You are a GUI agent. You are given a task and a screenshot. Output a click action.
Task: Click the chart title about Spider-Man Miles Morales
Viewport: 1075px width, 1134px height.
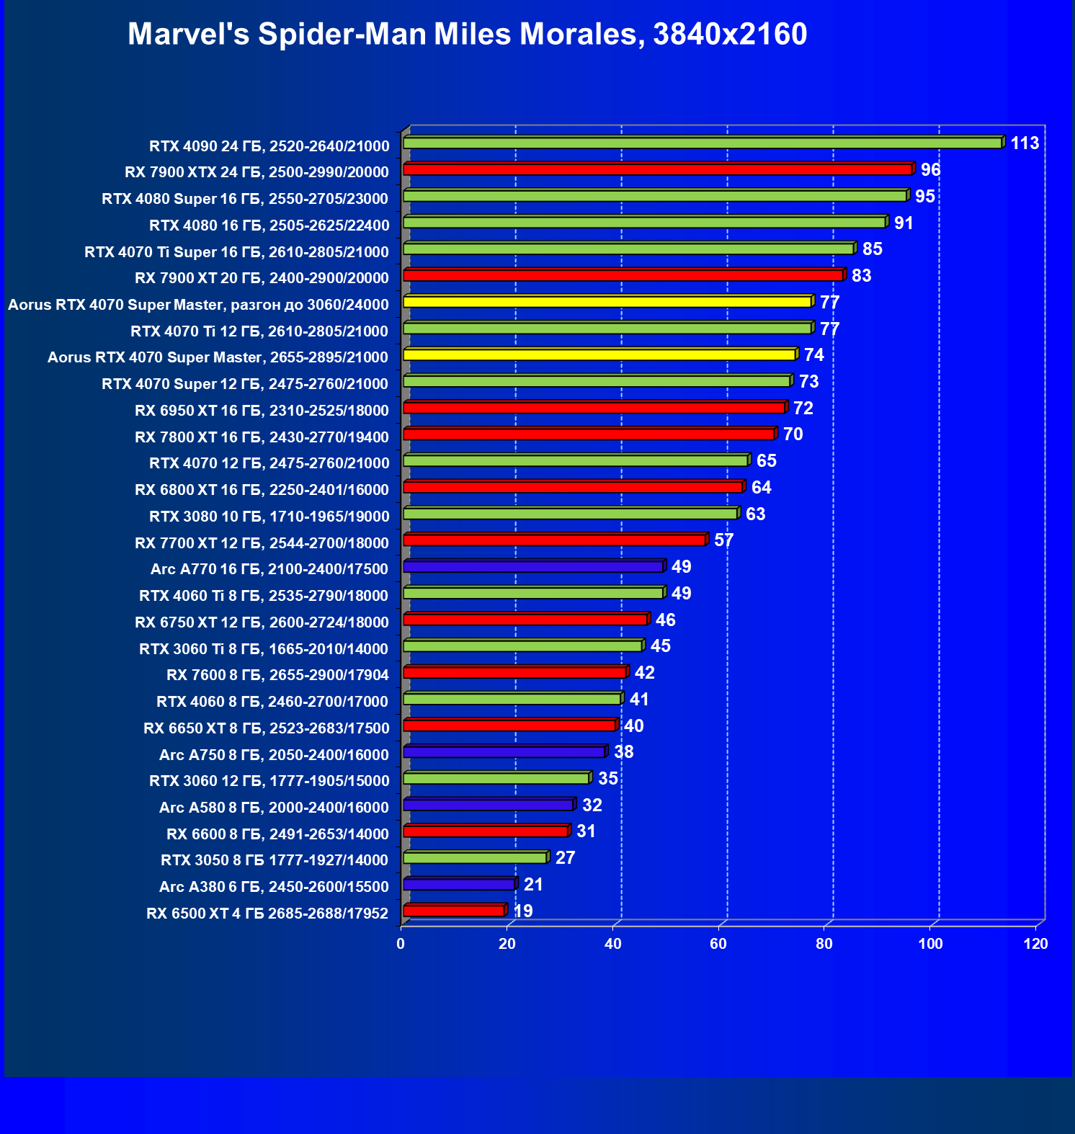point(467,35)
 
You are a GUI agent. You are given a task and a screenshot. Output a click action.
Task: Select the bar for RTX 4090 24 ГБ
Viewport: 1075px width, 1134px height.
point(702,143)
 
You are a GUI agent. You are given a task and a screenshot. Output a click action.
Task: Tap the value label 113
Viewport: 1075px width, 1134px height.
point(1025,143)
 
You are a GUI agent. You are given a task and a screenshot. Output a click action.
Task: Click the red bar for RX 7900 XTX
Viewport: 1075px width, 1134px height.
point(658,169)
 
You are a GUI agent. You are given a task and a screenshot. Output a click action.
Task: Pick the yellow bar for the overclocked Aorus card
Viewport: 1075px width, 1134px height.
point(607,302)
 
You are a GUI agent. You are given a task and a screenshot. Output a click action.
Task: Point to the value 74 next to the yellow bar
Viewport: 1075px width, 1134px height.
point(814,355)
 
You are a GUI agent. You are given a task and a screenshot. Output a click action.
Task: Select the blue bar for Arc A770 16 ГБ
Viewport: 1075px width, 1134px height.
point(533,567)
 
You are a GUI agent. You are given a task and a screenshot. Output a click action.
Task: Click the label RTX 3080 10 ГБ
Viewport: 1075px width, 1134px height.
point(269,517)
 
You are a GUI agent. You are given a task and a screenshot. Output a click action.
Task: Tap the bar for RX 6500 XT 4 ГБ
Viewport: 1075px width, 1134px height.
point(454,911)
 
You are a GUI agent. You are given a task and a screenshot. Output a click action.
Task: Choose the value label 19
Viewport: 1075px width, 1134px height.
point(523,911)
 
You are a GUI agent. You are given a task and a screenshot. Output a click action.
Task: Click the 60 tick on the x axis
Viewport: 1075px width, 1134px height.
point(718,944)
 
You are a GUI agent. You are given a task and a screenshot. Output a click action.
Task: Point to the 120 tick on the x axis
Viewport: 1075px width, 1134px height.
point(1035,944)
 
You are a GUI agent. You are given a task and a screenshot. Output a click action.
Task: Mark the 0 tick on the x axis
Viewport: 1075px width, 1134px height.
point(401,944)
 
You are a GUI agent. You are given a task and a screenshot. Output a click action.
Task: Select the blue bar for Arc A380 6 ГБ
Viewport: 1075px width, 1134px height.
point(460,885)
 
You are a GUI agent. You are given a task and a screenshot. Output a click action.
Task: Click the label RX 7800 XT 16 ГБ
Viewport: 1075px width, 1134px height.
point(262,437)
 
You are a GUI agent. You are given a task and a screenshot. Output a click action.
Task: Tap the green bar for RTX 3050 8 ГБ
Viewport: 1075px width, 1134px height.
point(476,858)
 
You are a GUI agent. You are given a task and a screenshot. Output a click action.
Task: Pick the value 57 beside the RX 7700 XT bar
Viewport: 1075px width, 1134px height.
point(723,540)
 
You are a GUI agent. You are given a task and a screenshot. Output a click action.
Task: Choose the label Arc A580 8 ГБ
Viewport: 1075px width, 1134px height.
point(274,808)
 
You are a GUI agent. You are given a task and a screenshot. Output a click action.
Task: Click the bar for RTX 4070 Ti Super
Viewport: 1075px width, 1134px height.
point(629,249)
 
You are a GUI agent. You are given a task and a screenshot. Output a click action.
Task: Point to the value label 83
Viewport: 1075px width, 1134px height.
point(861,276)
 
